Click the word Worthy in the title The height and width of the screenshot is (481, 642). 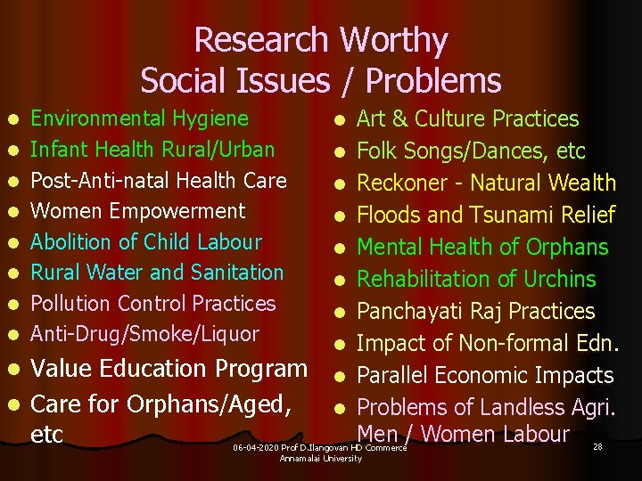[x=393, y=41]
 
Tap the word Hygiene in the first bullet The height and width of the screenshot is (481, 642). [x=210, y=118]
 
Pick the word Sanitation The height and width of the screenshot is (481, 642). [x=236, y=273]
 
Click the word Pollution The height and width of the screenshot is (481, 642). [x=70, y=304]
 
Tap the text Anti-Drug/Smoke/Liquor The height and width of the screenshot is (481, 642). [x=145, y=334]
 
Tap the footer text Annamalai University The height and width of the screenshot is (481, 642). [x=320, y=458]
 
